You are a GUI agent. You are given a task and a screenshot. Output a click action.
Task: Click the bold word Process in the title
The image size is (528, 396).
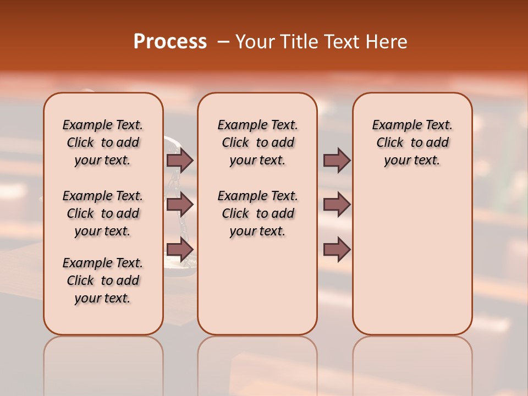point(170,42)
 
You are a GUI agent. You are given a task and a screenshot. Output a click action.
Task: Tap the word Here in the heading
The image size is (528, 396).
point(388,42)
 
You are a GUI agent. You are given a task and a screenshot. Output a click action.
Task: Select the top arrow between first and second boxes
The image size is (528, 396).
point(180,160)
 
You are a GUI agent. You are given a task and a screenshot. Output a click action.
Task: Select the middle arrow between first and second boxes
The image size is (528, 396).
point(180,205)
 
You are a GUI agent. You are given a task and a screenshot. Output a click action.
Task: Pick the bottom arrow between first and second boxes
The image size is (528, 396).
point(180,250)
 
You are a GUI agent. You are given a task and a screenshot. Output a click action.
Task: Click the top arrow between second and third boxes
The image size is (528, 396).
point(337,160)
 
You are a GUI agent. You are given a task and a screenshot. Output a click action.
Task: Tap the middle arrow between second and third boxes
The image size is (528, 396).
point(337,205)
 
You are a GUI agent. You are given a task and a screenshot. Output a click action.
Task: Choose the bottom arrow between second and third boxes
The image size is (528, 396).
point(337,250)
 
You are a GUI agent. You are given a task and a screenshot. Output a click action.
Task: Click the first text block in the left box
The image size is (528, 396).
point(103,142)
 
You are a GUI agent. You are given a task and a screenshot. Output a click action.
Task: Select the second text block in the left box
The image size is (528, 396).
point(103,213)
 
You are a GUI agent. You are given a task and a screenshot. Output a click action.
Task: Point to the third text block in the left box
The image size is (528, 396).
point(103,280)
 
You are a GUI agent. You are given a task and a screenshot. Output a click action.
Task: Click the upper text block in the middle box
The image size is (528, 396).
point(257,142)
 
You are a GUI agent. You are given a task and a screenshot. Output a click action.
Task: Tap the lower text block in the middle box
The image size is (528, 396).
point(257,213)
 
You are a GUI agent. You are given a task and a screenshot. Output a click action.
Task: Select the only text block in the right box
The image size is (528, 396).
point(412,142)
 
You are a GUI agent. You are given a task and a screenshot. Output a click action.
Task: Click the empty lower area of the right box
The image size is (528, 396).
point(412,258)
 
